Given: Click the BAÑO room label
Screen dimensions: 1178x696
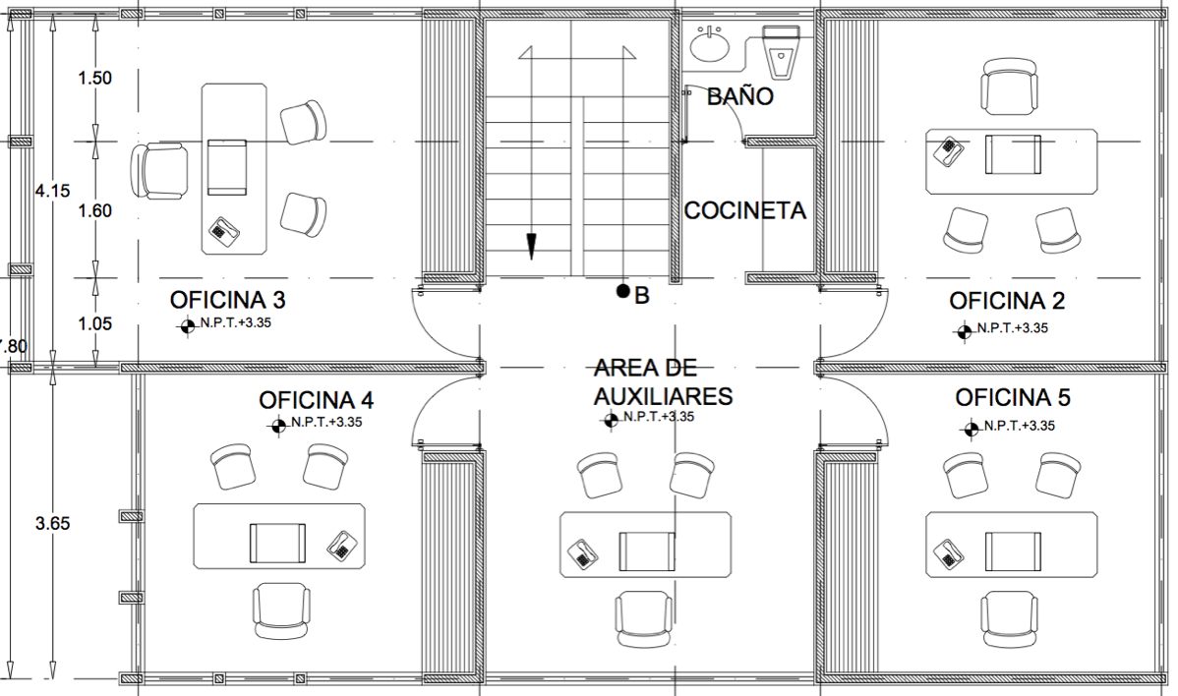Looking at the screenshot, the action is point(740,96).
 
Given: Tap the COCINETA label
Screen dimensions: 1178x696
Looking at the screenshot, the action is point(744,210).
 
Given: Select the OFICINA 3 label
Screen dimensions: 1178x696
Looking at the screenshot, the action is point(228,300).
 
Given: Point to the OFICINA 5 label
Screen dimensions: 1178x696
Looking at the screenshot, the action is point(1012,397).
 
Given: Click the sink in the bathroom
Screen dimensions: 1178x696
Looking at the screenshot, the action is point(709,43).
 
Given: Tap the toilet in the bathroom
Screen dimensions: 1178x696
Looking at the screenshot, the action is point(782,52).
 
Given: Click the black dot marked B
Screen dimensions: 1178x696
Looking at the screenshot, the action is point(622,291).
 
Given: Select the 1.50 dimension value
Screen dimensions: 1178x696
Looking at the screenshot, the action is point(95,78).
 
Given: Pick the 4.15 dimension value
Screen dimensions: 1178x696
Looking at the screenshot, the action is point(52,191).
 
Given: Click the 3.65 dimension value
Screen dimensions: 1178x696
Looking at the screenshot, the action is point(52,523).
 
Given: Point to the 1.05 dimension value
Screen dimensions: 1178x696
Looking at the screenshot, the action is point(95,323).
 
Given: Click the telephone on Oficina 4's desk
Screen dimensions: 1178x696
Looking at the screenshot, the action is point(342,545).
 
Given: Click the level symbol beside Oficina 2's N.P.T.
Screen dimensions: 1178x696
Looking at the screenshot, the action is point(965,330).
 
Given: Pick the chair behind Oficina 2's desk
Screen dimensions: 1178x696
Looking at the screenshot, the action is point(1011,87).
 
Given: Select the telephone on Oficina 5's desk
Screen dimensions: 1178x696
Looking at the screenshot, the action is point(948,553).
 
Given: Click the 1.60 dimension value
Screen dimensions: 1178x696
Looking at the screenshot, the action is point(95,211).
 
